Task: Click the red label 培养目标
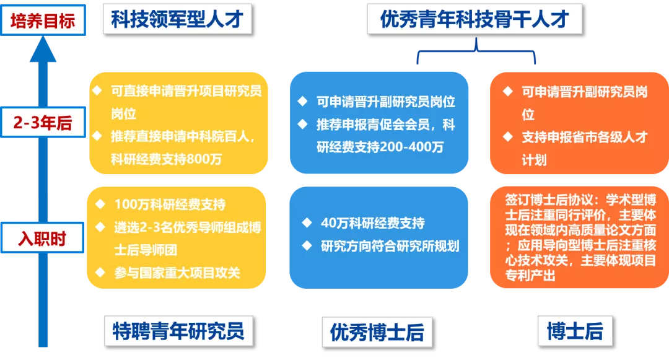[43, 20]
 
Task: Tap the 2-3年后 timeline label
[43, 123]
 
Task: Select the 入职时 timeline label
[42, 238]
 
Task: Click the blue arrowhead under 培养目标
[43, 49]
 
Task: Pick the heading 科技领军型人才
[177, 19]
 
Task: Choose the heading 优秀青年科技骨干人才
[474, 19]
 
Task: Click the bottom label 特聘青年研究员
[178, 331]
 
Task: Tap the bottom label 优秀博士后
[377, 332]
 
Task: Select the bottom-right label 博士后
[575, 331]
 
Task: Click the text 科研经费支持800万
[167, 159]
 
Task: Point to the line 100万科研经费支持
[170, 204]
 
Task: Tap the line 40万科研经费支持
[372, 222]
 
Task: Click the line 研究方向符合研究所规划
[390, 246]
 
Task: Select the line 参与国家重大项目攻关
[177, 273]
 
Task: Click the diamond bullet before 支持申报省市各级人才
[508, 136]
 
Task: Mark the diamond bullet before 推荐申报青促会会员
[302, 124]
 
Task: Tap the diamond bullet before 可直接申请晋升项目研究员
[97, 90]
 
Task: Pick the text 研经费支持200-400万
[380, 147]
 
